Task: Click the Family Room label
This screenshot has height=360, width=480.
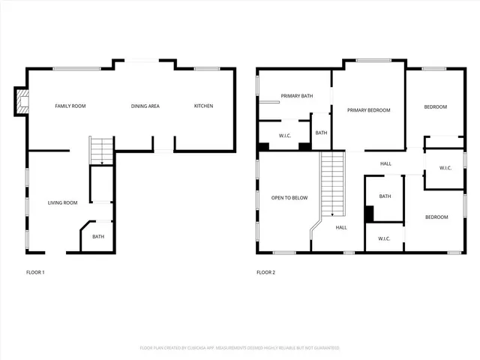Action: pos(70,106)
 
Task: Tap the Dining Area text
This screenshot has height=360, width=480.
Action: pos(145,106)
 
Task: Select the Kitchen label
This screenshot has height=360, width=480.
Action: pos(203,106)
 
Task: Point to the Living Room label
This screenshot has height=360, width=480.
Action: pos(63,202)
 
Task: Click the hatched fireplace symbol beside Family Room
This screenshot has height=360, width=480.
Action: pos(22,102)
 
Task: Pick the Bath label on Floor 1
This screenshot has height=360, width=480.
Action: pos(98,237)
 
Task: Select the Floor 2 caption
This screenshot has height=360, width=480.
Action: pos(266,272)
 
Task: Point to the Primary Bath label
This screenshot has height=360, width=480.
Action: pos(295,96)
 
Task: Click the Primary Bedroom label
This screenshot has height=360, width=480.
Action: pos(368,110)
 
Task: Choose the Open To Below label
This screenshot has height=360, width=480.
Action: pos(289,198)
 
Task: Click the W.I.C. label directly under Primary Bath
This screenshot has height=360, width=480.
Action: pos(285,136)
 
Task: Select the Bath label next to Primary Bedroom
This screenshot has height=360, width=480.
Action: pos(321,133)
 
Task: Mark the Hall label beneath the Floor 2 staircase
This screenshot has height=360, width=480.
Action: pos(340,227)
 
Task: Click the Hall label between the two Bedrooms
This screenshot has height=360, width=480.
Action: pos(385,163)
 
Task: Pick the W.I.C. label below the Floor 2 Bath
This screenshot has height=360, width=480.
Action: pos(384,238)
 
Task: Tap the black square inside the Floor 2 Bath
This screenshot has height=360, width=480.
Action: pos(370,213)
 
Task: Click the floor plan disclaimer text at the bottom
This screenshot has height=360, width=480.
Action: pos(240,348)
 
